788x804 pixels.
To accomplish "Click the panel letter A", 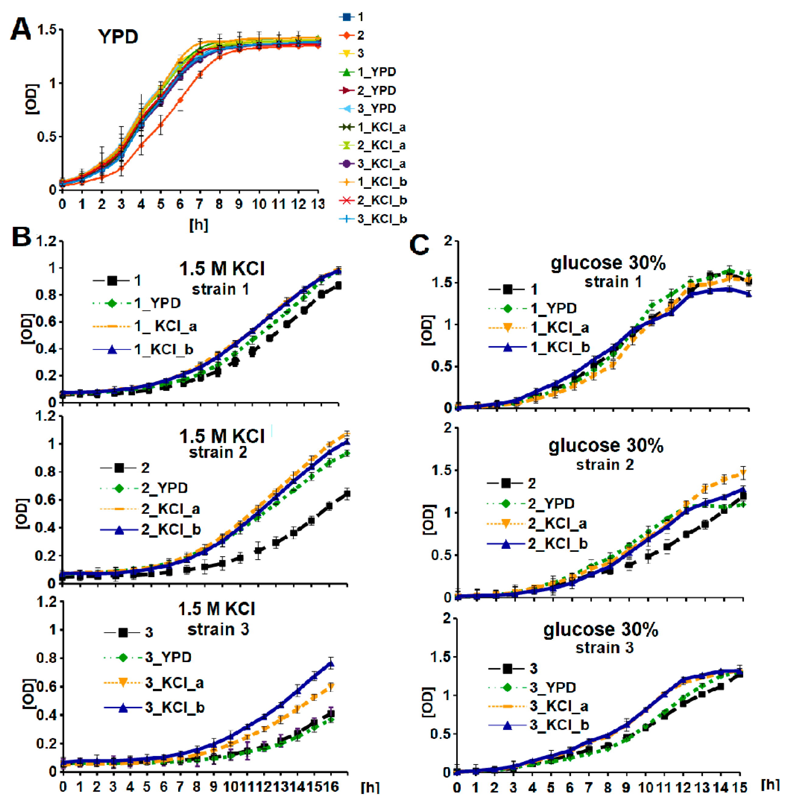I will pos(21,30).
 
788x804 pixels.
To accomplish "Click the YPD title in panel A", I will pos(118,37).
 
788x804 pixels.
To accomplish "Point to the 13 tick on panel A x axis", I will pos(318,204).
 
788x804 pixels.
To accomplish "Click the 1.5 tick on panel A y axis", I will pos(46,30).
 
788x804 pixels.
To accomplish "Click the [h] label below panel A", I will pos(199,225).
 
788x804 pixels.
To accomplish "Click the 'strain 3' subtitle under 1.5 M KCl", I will pos(218,629).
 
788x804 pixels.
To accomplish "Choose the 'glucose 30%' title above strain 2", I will pos(606,446).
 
